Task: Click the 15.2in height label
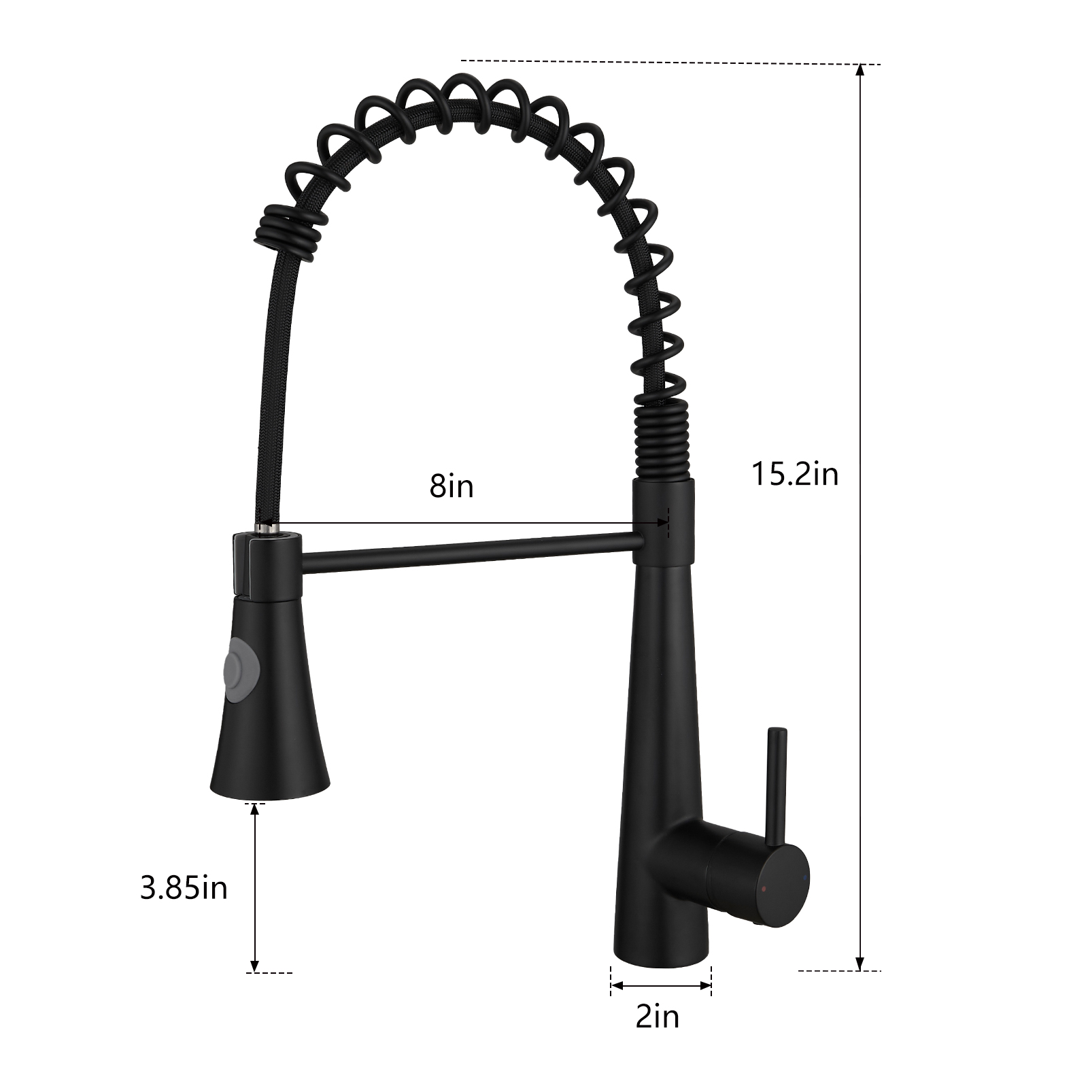click(x=794, y=473)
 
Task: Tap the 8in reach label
click(x=452, y=486)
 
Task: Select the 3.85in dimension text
click(x=184, y=888)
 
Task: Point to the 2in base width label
click(x=657, y=1017)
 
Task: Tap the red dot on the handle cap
click(x=766, y=888)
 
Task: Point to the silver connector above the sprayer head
click(x=267, y=526)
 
